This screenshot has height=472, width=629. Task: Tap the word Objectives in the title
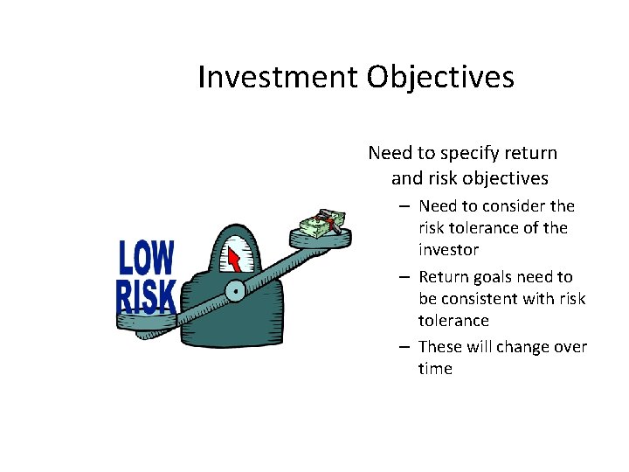click(x=440, y=78)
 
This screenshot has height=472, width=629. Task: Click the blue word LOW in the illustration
click(x=147, y=259)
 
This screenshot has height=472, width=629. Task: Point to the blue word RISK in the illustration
click(x=147, y=296)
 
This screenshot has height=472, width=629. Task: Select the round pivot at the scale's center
click(x=234, y=291)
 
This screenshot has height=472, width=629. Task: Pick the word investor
click(x=448, y=250)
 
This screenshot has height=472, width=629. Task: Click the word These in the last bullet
click(x=441, y=347)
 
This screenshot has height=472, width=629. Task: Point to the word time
click(x=435, y=369)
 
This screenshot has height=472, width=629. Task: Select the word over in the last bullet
click(x=571, y=347)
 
